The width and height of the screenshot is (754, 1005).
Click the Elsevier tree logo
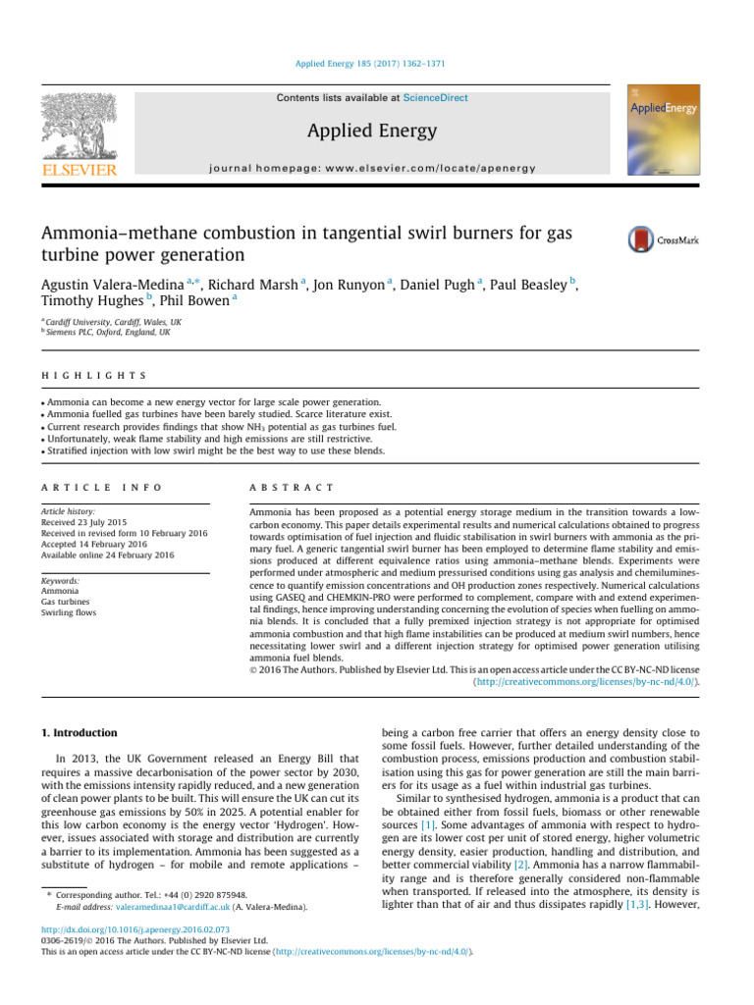[81, 133]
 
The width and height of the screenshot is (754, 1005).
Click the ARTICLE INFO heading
[101, 488]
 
